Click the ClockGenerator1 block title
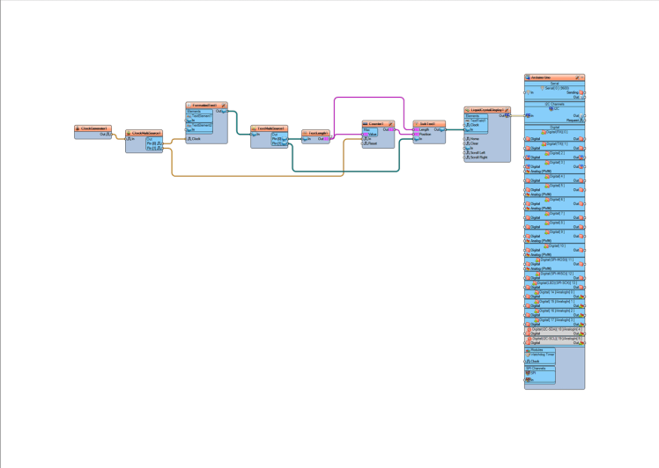click(93, 128)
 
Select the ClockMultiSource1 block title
click(146, 134)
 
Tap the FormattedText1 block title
click(205, 106)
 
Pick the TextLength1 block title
click(318, 133)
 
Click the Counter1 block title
click(376, 124)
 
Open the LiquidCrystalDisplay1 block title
click(487, 110)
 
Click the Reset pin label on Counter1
click(373, 143)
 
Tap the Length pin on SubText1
click(425, 130)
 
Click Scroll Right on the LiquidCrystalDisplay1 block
click(479, 157)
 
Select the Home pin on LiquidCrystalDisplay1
click(475, 139)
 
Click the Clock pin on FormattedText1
click(196, 139)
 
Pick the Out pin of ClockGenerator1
click(104, 135)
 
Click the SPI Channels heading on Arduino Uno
click(537, 369)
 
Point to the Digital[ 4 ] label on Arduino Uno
click(555, 176)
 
